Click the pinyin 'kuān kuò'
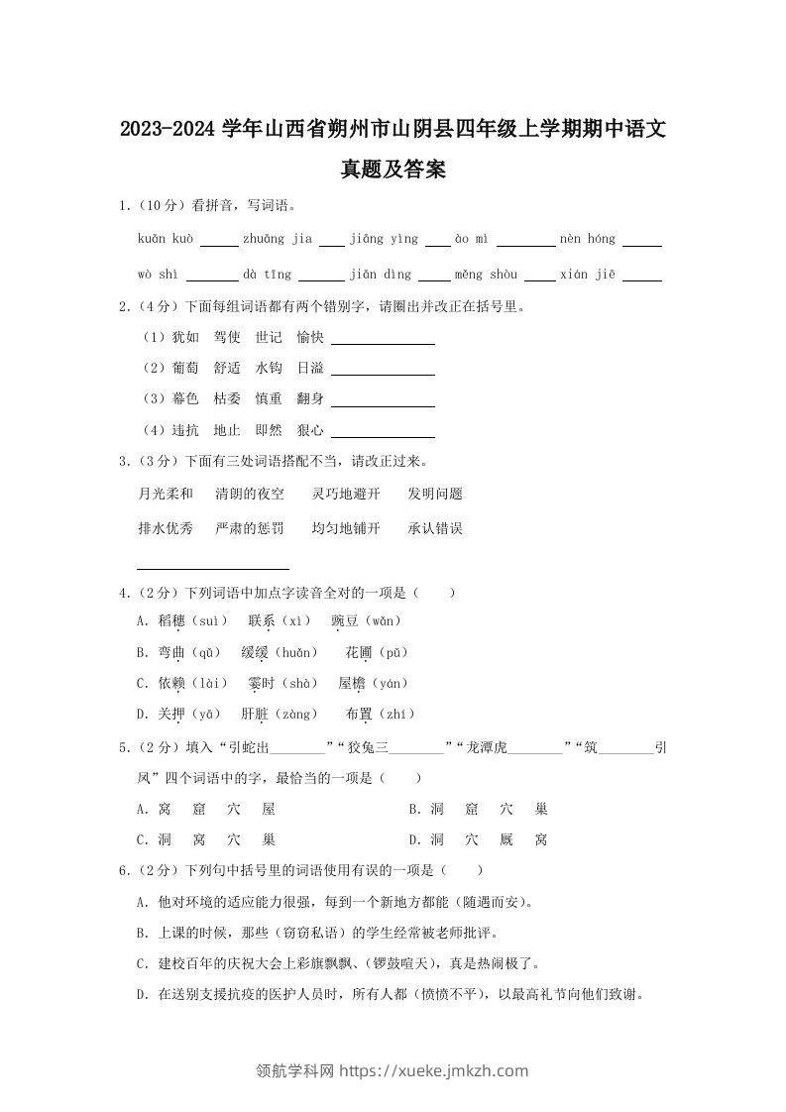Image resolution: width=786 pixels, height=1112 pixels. [167, 239]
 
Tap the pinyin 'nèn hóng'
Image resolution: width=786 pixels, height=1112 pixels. [588, 239]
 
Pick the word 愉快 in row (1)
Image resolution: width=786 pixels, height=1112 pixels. [310, 338]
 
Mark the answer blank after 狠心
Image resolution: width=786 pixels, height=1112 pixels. [383, 431]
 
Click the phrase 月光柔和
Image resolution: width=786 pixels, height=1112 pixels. [166, 494]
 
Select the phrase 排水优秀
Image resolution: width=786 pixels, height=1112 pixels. [166, 528]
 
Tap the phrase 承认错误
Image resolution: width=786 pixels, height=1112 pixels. [435, 528]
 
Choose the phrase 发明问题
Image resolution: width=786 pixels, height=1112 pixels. [435, 494]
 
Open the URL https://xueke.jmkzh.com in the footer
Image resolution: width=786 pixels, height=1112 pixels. [434, 1070]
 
